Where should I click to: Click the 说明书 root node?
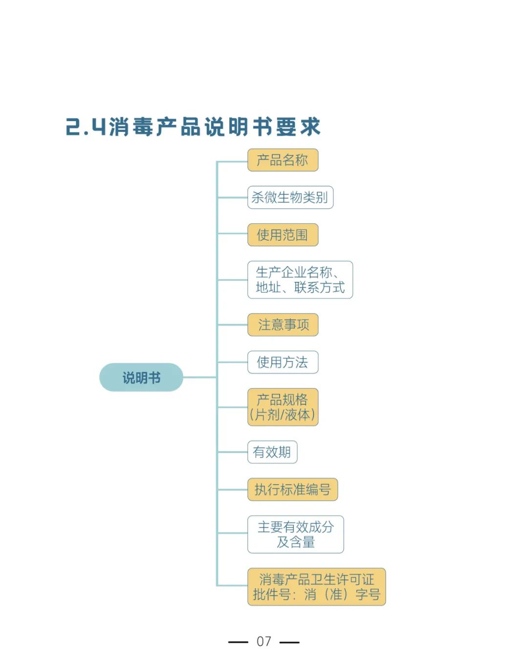(x=141, y=377)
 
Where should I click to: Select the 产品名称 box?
(x=283, y=160)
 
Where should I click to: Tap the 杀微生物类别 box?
(x=290, y=197)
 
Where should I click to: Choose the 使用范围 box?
(x=283, y=235)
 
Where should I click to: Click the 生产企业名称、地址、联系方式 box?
(x=300, y=279)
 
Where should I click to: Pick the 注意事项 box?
(x=283, y=325)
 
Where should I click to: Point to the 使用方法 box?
(x=283, y=362)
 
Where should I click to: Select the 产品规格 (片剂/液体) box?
(x=283, y=407)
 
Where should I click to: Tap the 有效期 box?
(x=272, y=452)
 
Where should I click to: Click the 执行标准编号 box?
(x=292, y=489)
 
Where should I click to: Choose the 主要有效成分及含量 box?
(x=295, y=534)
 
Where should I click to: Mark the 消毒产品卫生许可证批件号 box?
(x=316, y=587)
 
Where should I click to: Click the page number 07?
(x=264, y=641)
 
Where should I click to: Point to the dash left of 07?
(x=238, y=642)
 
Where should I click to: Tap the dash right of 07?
(x=289, y=642)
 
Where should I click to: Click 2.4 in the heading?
(x=86, y=127)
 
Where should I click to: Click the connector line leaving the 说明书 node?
(x=199, y=377)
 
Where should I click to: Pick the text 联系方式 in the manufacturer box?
(x=319, y=287)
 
